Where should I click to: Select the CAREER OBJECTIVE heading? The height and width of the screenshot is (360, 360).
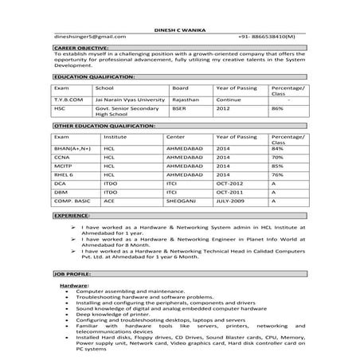click(x=81, y=49)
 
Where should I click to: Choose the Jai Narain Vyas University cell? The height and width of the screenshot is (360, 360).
click(x=130, y=100)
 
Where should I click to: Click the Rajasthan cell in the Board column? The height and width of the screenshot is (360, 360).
click(x=185, y=100)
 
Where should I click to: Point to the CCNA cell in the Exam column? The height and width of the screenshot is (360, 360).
click(x=62, y=158)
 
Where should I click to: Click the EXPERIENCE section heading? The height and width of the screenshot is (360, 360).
click(x=72, y=215)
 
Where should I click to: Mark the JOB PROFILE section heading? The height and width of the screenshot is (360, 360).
click(x=73, y=273)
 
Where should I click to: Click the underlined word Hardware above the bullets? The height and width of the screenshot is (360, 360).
click(x=74, y=284)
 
